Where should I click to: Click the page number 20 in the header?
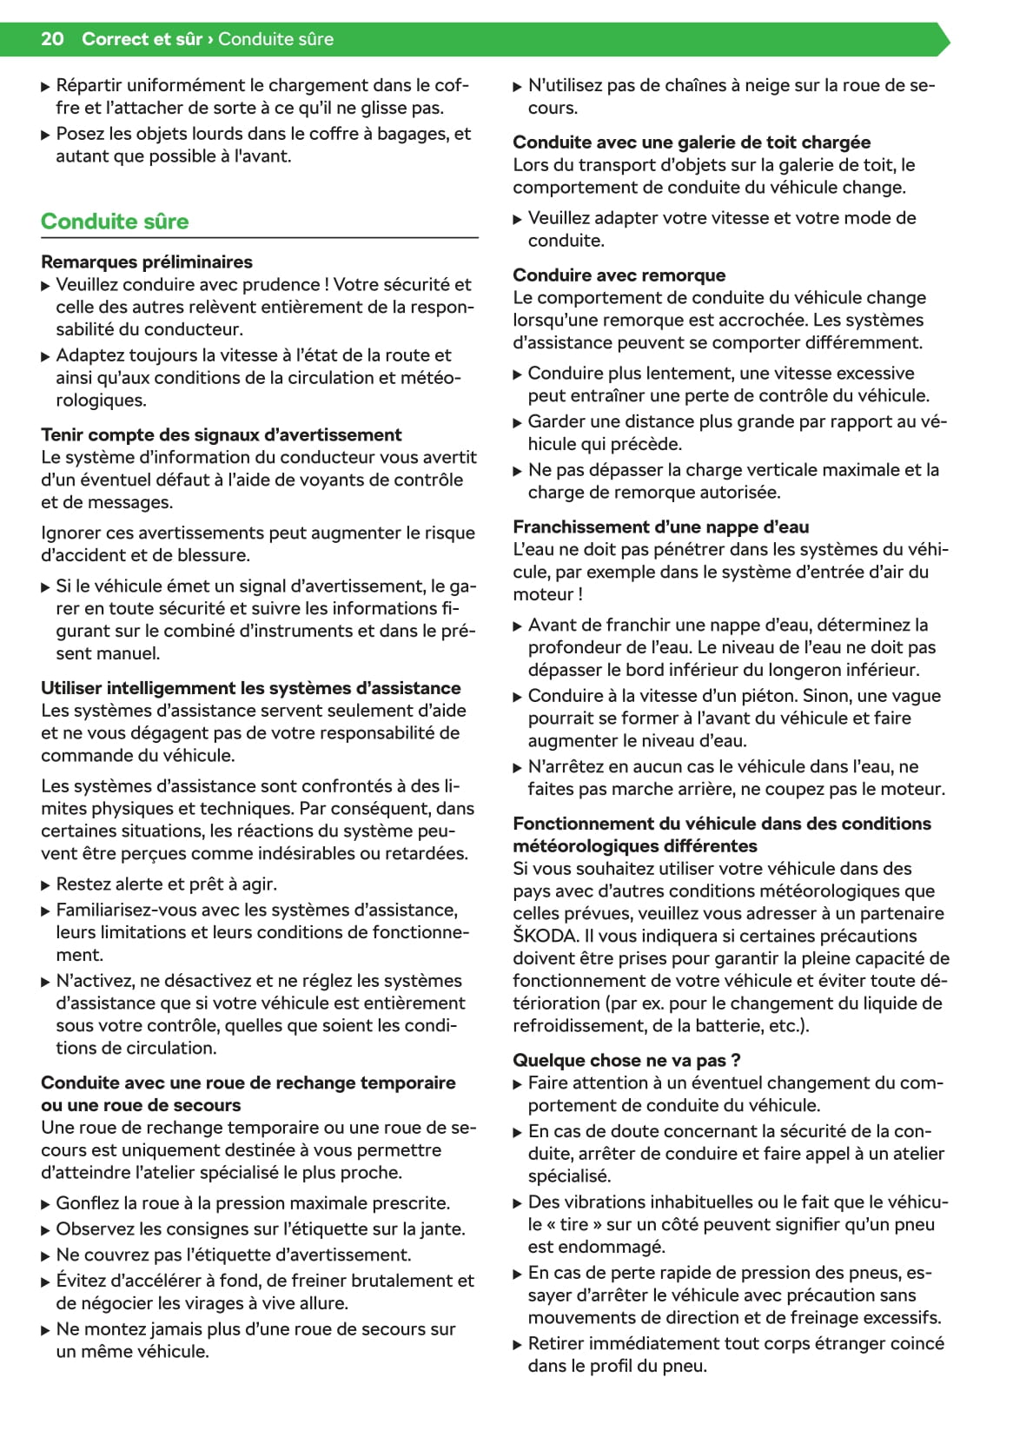tap(52, 39)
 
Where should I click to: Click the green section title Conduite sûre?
tap(115, 222)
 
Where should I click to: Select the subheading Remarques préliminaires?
tap(146, 262)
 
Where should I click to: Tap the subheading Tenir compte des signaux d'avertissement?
tap(221, 434)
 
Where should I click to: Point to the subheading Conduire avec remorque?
tap(619, 275)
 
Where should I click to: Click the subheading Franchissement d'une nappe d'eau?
tap(660, 526)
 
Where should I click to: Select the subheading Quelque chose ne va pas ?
tap(626, 1060)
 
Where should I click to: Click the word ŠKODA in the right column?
tap(545, 936)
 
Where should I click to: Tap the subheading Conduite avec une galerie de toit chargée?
tap(692, 142)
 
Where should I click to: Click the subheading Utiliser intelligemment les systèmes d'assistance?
tap(250, 688)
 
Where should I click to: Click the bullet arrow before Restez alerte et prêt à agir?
tap(46, 885)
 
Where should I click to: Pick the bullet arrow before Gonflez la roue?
tap(46, 1204)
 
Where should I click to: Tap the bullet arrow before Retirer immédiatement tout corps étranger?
tap(518, 1344)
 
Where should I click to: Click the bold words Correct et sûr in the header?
tap(142, 39)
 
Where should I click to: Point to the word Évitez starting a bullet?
tap(81, 1281)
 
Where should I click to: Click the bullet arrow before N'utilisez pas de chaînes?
tap(518, 86)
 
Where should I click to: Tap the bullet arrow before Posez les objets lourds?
tap(46, 135)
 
